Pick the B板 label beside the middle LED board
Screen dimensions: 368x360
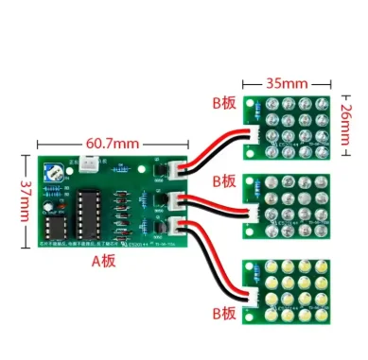224,180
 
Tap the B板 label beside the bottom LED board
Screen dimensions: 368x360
224,312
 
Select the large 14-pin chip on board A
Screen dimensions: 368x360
86,210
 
